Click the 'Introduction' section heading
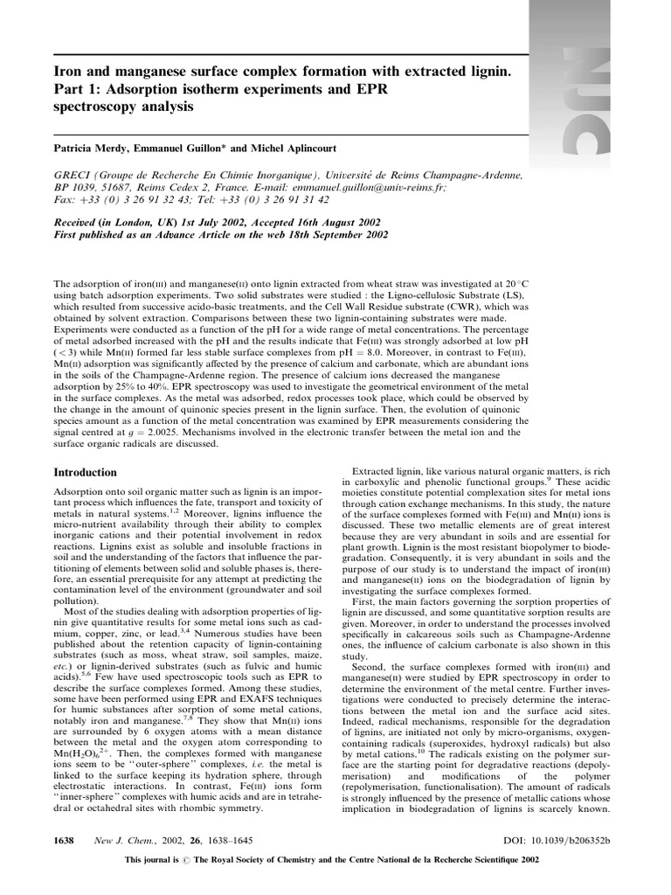click(86, 473)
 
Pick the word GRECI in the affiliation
click(73, 175)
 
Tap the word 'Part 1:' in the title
click(77, 90)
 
